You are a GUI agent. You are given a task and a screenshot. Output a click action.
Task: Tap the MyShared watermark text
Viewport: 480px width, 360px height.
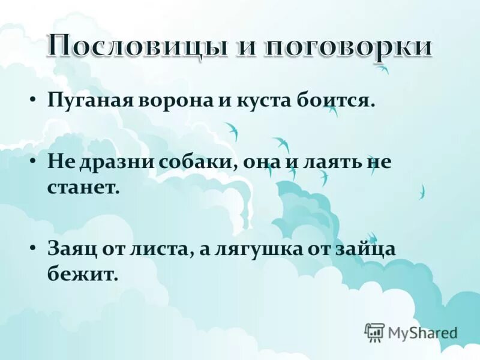422,332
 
